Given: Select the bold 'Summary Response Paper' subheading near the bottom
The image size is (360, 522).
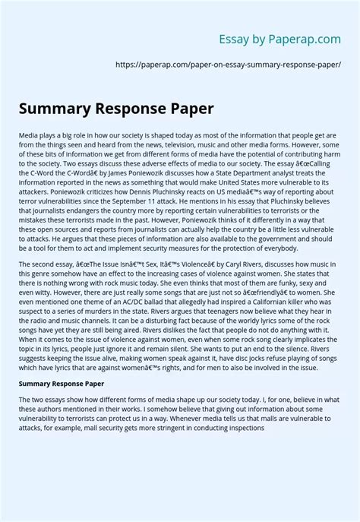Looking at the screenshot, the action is coord(62,383).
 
